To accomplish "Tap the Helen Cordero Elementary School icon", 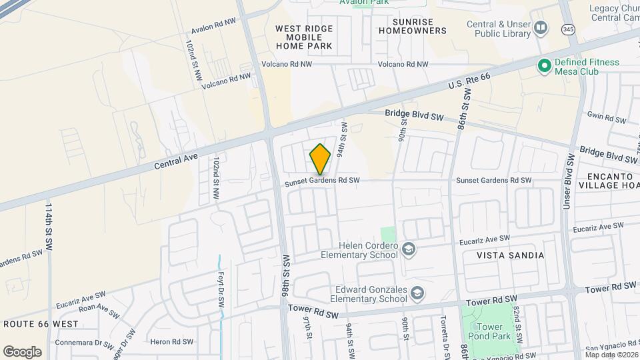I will tap(409, 250).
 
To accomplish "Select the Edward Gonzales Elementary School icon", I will tap(417, 293).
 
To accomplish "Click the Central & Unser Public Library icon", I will tap(541, 28).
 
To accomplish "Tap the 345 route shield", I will tap(568, 29).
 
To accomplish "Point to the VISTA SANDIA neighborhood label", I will tap(511, 255).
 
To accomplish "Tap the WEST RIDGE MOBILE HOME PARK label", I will tap(303, 37).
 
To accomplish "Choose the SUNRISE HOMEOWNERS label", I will tap(412, 26).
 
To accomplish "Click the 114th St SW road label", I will tap(48, 227).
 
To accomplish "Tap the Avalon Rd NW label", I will tap(213, 26).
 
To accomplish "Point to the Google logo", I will tap(22, 351).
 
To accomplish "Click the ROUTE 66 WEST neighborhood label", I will tap(41, 324).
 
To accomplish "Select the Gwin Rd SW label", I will tap(607, 118).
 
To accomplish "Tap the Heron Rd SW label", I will tap(171, 341).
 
